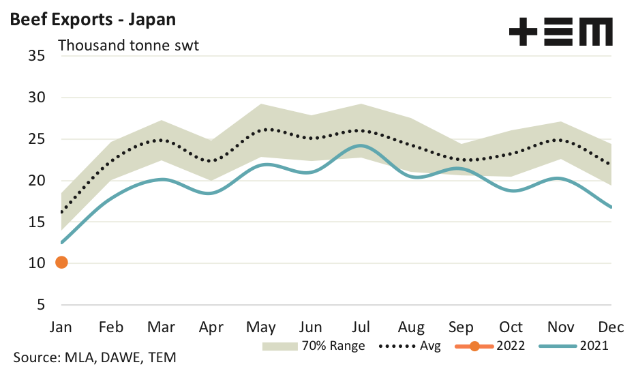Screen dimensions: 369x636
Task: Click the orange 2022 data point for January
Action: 61,263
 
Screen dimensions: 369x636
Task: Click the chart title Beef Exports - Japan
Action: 93,19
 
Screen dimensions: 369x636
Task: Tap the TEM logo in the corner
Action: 560,32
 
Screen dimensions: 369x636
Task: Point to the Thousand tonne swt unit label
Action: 128,46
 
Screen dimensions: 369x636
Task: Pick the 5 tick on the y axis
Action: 41,305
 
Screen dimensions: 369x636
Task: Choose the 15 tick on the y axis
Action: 37,222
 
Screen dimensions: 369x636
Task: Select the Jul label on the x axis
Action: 361,326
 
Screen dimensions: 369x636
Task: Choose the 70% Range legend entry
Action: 314,346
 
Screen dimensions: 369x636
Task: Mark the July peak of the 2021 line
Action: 361,145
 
